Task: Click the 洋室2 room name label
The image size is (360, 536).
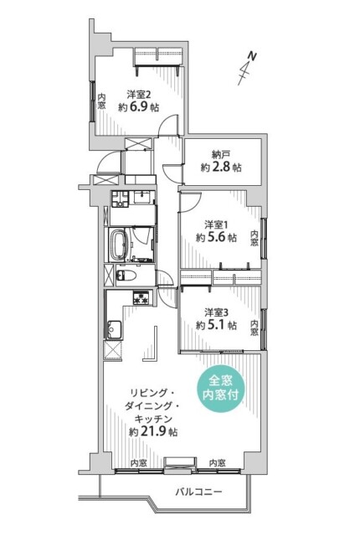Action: coord(138,94)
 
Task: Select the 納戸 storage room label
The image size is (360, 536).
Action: coord(221,154)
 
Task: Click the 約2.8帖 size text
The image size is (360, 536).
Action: coord(221,167)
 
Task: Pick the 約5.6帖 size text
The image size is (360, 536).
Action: coord(216,237)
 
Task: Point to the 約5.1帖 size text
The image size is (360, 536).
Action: coord(216,325)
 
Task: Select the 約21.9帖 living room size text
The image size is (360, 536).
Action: coord(152,432)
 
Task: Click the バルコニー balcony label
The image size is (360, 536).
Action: coord(198,492)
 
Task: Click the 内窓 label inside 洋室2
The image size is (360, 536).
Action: coord(100,100)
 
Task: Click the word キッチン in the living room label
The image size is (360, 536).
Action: coord(152,418)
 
